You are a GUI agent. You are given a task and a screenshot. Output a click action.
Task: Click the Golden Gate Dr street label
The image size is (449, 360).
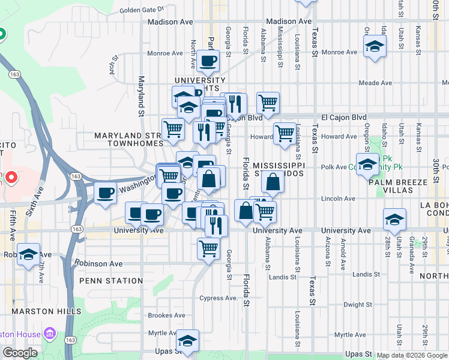pos(142,10)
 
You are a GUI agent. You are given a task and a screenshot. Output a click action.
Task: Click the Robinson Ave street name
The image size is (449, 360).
pos(98,263)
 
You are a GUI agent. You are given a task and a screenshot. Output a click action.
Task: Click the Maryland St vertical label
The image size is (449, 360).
pos(142,96)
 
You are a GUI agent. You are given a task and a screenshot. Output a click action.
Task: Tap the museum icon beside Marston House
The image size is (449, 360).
pos(50,333)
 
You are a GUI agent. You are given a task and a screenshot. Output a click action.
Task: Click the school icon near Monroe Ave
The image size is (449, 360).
pos(374,46)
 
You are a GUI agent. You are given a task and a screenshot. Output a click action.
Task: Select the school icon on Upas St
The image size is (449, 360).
pos(188,340)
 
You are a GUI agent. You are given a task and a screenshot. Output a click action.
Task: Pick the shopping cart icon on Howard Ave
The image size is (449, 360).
pos(284,133)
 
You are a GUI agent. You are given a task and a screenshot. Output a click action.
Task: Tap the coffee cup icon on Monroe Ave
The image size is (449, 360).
pos(208,60)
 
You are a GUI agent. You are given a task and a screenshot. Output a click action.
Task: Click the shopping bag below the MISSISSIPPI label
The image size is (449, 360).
pos(272,181)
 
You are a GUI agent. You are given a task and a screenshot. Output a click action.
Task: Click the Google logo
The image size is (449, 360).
pos(20,353)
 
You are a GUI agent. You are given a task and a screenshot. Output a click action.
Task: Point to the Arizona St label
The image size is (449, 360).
pos(327,252)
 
